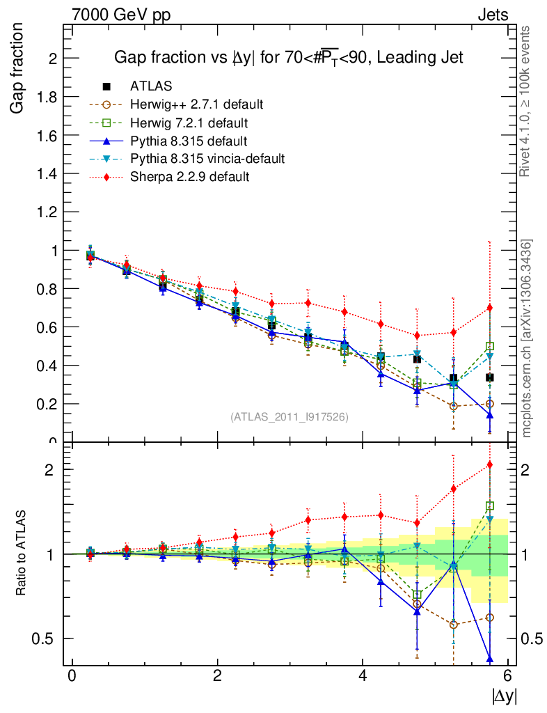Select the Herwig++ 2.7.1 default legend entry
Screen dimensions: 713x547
click(196, 104)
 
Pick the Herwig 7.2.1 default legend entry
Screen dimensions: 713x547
click(189, 123)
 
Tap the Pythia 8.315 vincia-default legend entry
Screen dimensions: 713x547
click(207, 159)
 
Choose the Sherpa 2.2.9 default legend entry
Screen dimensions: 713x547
click(189, 177)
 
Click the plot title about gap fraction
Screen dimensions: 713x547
click(288, 58)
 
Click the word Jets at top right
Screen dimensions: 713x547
click(492, 15)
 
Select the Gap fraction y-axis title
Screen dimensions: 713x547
click(18, 68)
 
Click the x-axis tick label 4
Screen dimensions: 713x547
click(363, 676)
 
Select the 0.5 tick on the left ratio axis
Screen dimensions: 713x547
click(48, 638)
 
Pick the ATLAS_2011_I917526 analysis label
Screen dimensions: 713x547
click(289, 416)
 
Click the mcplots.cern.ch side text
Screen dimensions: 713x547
click(527, 338)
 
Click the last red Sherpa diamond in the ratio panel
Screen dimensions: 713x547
click(490, 464)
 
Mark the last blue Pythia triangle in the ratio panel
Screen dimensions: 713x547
click(490, 659)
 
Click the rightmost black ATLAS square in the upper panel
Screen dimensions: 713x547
click(490, 377)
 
